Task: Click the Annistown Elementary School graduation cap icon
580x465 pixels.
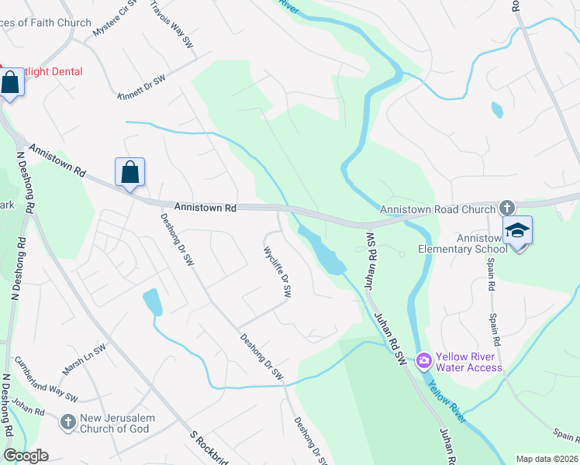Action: [517, 231]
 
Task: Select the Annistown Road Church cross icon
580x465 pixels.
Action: [506, 208]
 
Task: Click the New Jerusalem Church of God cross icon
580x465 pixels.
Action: [68, 422]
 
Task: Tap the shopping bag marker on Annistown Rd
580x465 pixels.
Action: [129, 172]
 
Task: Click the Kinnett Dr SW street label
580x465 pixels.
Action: [142, 88]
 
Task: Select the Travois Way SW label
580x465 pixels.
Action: [171, 23]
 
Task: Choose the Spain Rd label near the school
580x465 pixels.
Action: [492, 304]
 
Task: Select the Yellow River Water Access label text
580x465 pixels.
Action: [468, 362]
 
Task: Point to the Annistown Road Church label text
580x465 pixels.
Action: [437, 209]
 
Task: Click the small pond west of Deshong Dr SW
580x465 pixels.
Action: [153, 301]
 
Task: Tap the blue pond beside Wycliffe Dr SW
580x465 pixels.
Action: [324, 253]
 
